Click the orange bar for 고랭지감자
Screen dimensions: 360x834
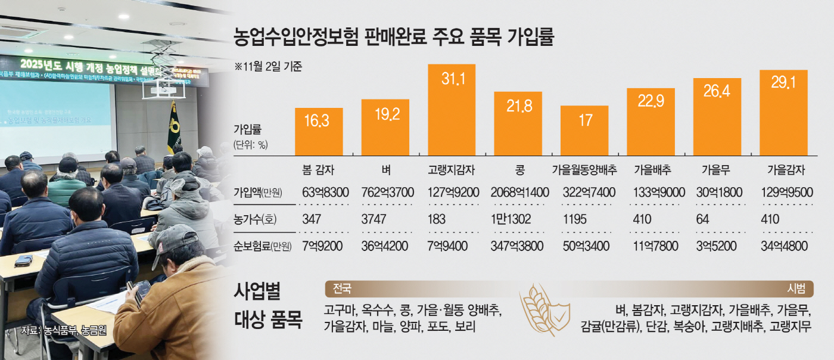452,110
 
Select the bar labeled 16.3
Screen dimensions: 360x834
319,132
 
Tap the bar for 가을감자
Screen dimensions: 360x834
783,113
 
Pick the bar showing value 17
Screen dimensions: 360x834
584,131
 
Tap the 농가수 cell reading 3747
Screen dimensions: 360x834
374,219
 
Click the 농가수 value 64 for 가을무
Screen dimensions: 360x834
703,219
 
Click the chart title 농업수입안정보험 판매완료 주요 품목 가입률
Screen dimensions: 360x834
395,38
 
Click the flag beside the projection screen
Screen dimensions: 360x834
173,126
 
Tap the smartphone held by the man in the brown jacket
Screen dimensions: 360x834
142,292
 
